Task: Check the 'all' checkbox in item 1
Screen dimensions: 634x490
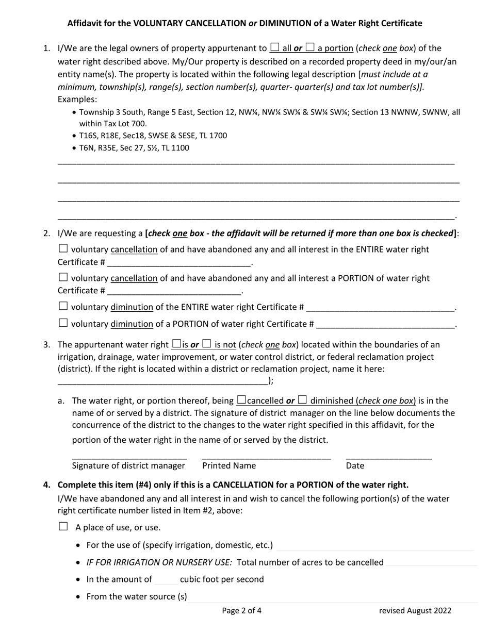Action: tap(275, 48)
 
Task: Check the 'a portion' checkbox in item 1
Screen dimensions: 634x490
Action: tap(310, 48)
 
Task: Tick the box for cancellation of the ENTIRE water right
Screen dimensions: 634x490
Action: tap(63, 248)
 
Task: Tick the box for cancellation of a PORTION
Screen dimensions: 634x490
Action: tap(63, 277)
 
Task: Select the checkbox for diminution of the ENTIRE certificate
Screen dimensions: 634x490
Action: tap(63, 306)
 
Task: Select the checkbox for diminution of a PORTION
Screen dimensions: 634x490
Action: tap(63, 323)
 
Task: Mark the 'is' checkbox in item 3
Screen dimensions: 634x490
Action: tap(176, 344)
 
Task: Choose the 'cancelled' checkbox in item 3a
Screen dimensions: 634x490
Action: tap(241, 399)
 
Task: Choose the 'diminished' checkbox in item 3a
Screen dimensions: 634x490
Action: tap(303, 399)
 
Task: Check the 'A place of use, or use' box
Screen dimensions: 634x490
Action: tap(63, 526)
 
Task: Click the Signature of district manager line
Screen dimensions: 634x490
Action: tap(129, 455)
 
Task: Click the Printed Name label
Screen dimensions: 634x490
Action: tap(229, 465)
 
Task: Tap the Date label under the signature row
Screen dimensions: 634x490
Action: tap(355, 465)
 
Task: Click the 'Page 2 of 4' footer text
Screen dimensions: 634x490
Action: tap(242, 611)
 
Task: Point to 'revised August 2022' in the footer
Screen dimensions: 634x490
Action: tap(415, 611)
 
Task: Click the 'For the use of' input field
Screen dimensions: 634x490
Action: tap(374, 545)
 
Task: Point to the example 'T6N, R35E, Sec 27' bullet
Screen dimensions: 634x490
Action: tap(134, 148)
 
